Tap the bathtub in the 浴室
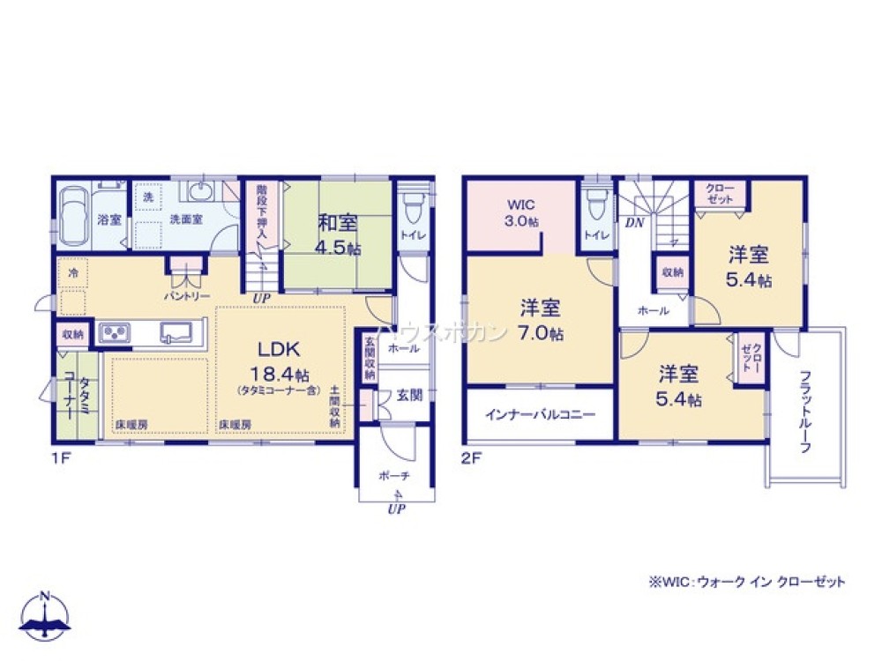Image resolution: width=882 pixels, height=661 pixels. point(75,217)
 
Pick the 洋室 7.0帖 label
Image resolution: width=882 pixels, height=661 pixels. point(541,320)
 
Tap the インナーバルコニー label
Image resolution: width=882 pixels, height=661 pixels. point(539,414)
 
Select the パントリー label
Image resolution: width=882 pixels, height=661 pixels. point(186,296)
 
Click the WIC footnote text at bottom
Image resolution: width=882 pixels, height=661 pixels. point(746,582)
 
